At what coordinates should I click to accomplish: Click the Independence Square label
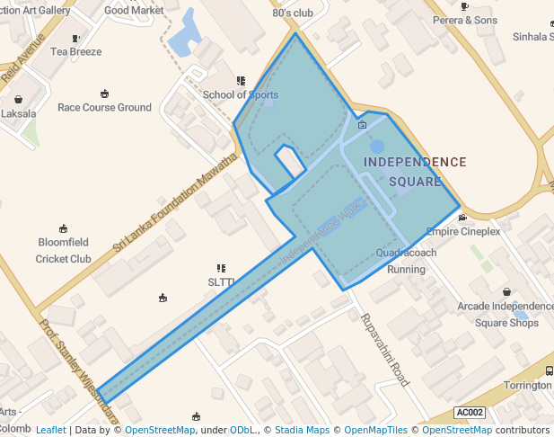tap(415, 171)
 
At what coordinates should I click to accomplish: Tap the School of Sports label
tap(241, 94)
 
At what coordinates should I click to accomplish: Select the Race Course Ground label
tap(104, 107)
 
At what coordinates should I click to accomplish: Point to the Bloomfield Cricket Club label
tap(63, 250)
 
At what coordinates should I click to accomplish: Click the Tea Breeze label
tap(75, 51)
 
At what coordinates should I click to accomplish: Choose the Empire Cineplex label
tap(462, 231)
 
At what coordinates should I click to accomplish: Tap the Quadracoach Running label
tap(406, 261)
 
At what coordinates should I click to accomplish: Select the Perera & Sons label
tap(464, 20)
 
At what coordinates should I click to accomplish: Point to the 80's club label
tap(293, 13)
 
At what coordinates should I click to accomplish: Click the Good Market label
tap(134, 11)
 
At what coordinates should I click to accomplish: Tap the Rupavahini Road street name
tap(385, 350)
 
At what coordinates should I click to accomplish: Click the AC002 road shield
tap(470, 413)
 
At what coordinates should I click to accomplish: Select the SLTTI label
tap(221, 281)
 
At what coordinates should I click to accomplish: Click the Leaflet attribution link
tap(50, 430)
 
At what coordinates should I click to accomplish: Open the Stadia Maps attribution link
tap(301, 430)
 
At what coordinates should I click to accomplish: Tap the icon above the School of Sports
tap(241, 81)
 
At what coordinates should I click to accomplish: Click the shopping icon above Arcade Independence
tap(507, 292)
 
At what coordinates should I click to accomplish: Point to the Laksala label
tap(18, 114)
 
